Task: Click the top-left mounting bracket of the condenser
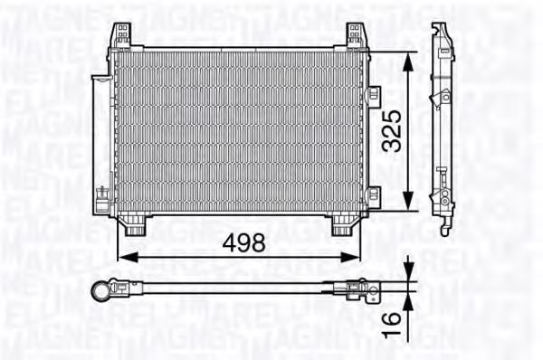[122, 36]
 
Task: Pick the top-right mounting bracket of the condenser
[355, 36]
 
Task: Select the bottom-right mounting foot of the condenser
[342, 225]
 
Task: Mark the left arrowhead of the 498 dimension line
[124, 258]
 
